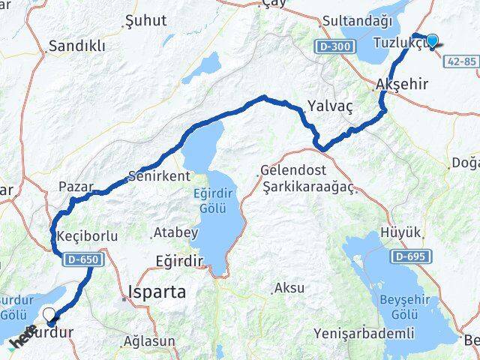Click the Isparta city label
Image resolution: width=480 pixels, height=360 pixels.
click(156, 291)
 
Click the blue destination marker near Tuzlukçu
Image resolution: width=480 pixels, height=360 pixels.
click(432, 40)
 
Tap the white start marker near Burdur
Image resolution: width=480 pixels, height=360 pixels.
click(49, 316)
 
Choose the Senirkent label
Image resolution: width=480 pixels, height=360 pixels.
click(160, 176)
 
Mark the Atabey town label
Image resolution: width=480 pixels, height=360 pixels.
click(175, 233)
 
